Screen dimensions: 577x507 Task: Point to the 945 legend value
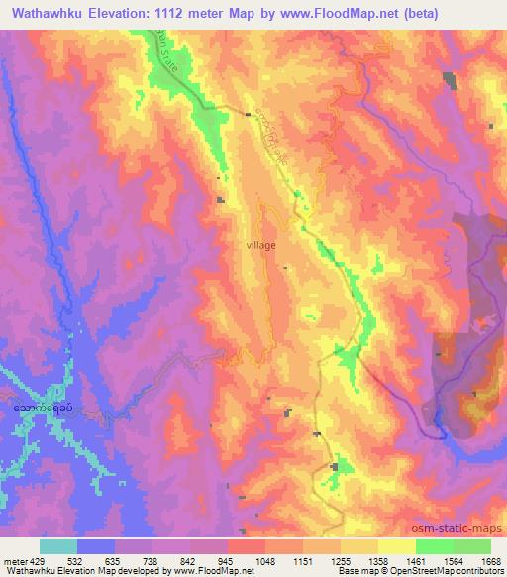[228, 559]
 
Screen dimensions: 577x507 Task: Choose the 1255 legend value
[342, 559]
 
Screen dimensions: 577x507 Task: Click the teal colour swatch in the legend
[58, 546]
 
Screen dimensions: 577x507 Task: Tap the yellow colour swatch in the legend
[396, 546]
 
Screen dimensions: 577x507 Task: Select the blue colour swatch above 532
[96, 546]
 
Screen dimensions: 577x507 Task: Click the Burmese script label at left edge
[42, 406]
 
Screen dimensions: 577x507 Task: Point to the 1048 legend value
[266, 559]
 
